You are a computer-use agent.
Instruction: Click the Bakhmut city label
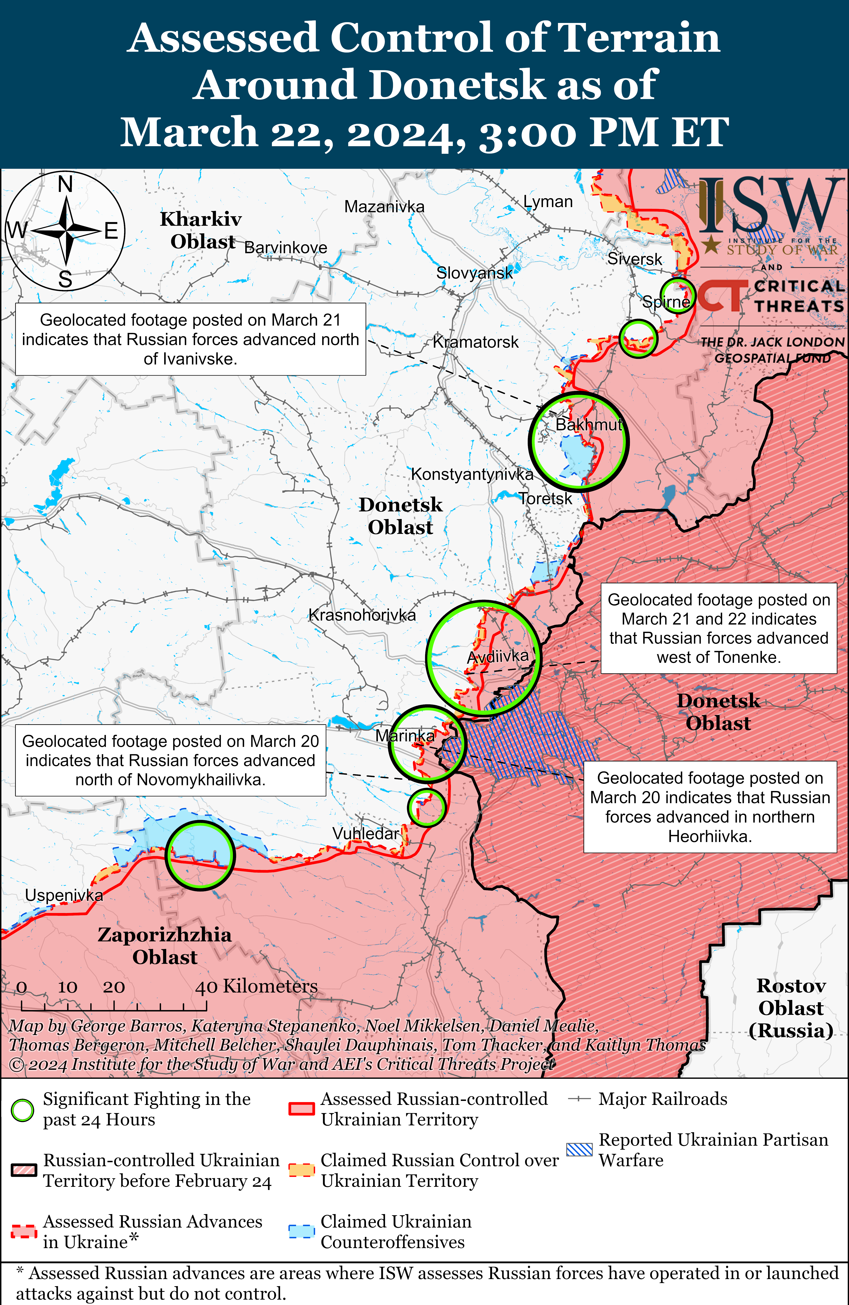pos(589,425)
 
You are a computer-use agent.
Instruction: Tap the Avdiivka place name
pos(497,656)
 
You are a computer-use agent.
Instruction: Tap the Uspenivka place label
pos(64,895)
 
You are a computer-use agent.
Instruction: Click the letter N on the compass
pos(65,184)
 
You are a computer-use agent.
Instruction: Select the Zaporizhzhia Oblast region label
pos(165,946)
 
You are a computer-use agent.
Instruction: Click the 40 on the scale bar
pos(207,987)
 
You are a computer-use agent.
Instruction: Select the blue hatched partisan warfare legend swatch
pos(579,1150)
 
